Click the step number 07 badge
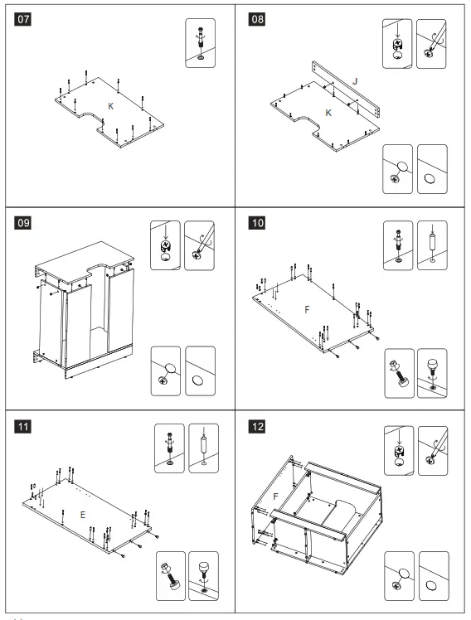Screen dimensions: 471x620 tap(22, 19)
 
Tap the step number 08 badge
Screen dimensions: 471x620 tap(257, 19)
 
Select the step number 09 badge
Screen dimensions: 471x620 tap(22, 223)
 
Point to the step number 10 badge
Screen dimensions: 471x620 tap(257, 223)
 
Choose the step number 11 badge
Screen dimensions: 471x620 tap(22, 427)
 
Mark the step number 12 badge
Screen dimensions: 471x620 tap(257, 427)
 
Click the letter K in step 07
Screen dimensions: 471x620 tap(111, 106)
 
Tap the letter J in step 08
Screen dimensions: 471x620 tap(355, 81)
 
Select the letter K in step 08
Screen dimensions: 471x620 tap(328, 113)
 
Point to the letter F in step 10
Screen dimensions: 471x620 tap(308, 310)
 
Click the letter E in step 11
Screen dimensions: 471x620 tap(83, 515)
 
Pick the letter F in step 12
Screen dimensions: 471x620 tap(275, 496)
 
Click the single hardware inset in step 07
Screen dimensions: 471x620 tap(201, 43)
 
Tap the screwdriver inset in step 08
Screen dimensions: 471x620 tap(431, 43)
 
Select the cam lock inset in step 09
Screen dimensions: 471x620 tap(165, 245)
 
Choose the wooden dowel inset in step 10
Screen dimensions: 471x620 tap(433, 245)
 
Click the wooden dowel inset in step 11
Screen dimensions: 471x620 tap(204, 448)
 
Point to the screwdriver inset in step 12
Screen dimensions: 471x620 tap(433, 451)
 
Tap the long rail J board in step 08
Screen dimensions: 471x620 tap(346, 89)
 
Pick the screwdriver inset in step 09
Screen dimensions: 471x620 tap(199, 245)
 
